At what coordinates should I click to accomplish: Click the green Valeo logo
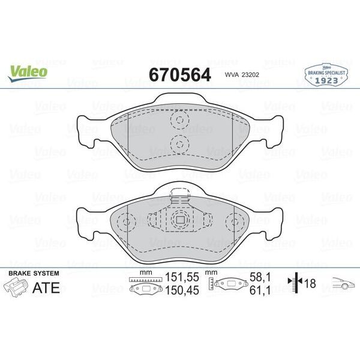(x=28, y=71)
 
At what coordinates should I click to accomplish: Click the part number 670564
(x=179, y=75)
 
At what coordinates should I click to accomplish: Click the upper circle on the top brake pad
(x=179, y=121)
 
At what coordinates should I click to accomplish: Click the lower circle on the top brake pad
(x=179, y=143)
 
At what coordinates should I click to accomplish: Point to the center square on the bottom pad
(x=179, y=220)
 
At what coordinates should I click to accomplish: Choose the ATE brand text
(x=46, y=288)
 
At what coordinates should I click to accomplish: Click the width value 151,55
(x=181, y=278)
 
